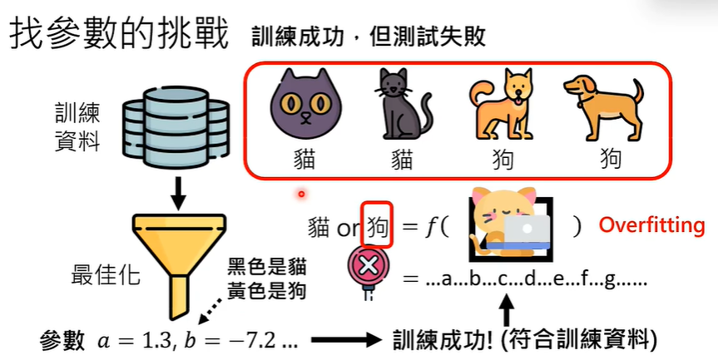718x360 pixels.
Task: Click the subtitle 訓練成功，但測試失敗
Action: pos(367,37)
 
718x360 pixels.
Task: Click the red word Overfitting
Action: pos(651,224)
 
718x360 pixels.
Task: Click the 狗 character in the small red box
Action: pos(377,224)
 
